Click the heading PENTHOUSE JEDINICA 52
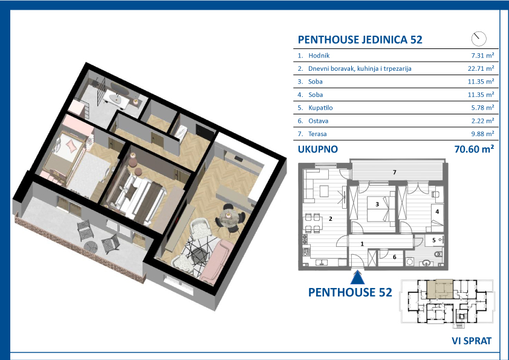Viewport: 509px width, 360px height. pyautogui.click(x=360, y=40)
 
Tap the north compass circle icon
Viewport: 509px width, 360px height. pyautogui.click(x=479, y=39)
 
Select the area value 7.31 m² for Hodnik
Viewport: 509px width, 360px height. pyautogui.click(x=483, y=56)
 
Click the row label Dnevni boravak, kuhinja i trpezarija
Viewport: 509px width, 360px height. pyautogui.click(x=360, y=68)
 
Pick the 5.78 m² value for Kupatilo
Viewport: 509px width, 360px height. pyautogui.click(x=483, y=108)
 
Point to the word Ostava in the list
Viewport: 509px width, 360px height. pyautogui.click(x=318, y=121)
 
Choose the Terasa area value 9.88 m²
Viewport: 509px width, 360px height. pyautogui.click(x=483, y=134)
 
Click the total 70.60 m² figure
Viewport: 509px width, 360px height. pyautogui.click(x=475, y=149)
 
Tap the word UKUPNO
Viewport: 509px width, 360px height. pyautogui.click(x=318, y=149)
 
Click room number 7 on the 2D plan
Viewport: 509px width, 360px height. pyautogui.click(x=394, y=172)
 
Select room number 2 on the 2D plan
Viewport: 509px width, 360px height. pyautogui.click(x=331, y=218)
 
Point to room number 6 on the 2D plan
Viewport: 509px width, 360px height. pyautogui.click(x=394, y=257)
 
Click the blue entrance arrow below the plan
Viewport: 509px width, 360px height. pyautogui.click(x=357, y=278)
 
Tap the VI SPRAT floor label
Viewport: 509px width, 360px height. pyautogui.click(x=472, y=341)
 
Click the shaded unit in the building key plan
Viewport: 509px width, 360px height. pyautogui.click(x=439, y=289)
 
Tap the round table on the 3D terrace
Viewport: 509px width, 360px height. pyautogui.click(x=91, y=247)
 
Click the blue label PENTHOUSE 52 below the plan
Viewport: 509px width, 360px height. pyautogui.click(x=350, y=292)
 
